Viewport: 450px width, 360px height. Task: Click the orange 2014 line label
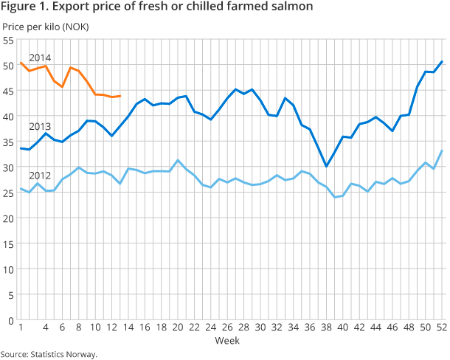(39, 57)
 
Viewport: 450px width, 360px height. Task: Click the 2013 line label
(39, 126)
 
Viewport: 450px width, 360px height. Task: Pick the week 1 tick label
(21, 328)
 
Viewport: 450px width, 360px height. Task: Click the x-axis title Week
(226, 341)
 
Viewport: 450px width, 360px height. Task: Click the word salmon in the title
(290, 7)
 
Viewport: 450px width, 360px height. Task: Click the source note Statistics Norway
(65, 354)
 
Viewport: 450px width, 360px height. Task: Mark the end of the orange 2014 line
(120, 96)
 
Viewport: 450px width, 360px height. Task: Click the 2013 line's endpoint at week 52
(442, 61)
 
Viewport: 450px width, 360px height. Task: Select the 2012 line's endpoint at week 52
(442, 150)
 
